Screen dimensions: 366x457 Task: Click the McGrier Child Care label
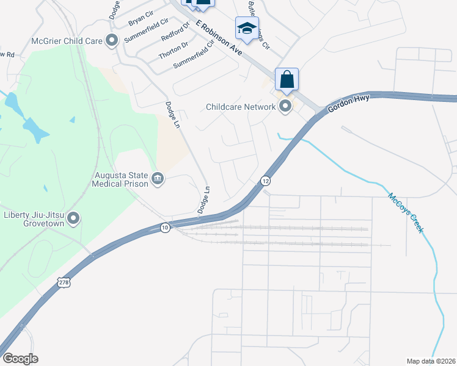[67, 42]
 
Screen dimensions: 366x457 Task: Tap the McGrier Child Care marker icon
[112, 41]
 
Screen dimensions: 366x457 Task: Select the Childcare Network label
[241, 107]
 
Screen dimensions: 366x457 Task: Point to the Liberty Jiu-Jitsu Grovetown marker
[74, 218]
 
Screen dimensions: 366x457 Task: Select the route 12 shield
[265, 181]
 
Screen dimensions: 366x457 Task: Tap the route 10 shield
[165, 228]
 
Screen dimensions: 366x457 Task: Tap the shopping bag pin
[287, 80]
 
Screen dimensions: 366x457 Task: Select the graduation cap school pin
[247, 29]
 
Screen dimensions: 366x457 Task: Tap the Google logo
[20, 359]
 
